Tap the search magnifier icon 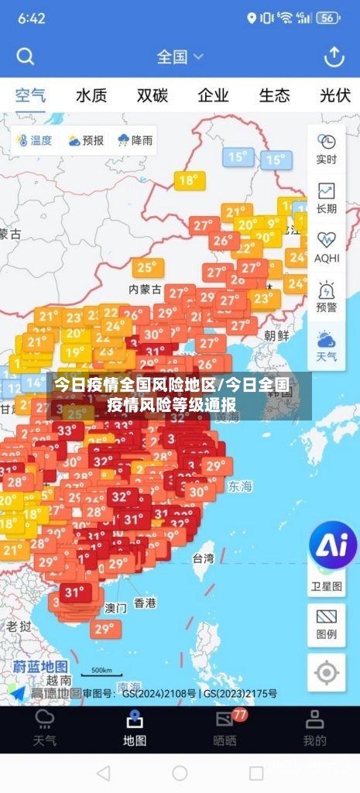pos(26,57)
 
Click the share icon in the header pos(334,57)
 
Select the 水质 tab pos(91,96)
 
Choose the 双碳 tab pos(153,96)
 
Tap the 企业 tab pos(213,96)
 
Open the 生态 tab pos(274,96)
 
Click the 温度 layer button pos(33,140)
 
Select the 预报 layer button pos(85,140)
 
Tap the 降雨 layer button pos(135,140)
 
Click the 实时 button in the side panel pos(327,149)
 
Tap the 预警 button pos(327,297)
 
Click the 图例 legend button pos(327,624)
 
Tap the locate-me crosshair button pos(327,673)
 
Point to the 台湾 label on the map pos(204,558)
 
